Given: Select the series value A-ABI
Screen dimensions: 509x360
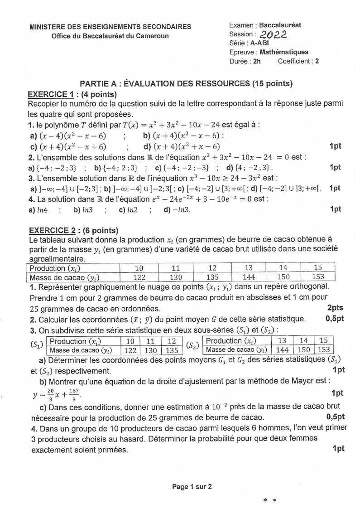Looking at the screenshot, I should click(259, 43).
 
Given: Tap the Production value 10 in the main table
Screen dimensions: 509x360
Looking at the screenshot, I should click(139, 268).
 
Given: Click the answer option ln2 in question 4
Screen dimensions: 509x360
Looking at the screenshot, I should click(128, 210).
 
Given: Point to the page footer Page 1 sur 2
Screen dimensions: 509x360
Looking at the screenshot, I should click(192, 487).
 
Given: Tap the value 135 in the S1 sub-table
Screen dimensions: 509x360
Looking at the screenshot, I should click(172, 350).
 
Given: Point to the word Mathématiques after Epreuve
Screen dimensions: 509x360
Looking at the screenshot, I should click(284, 52).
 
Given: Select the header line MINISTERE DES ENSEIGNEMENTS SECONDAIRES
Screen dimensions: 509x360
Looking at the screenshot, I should click(110, 27).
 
